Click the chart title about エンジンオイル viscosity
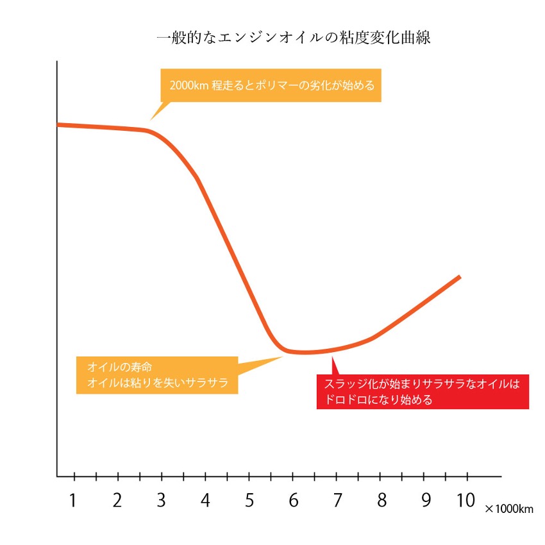pos(294,38)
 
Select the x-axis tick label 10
pos(466,500)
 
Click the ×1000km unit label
pos(509,510)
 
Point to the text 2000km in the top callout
pos(189,85)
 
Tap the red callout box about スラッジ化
pos(423,392)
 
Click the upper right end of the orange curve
pos(459,277)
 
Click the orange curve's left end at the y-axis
pos(59,124)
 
